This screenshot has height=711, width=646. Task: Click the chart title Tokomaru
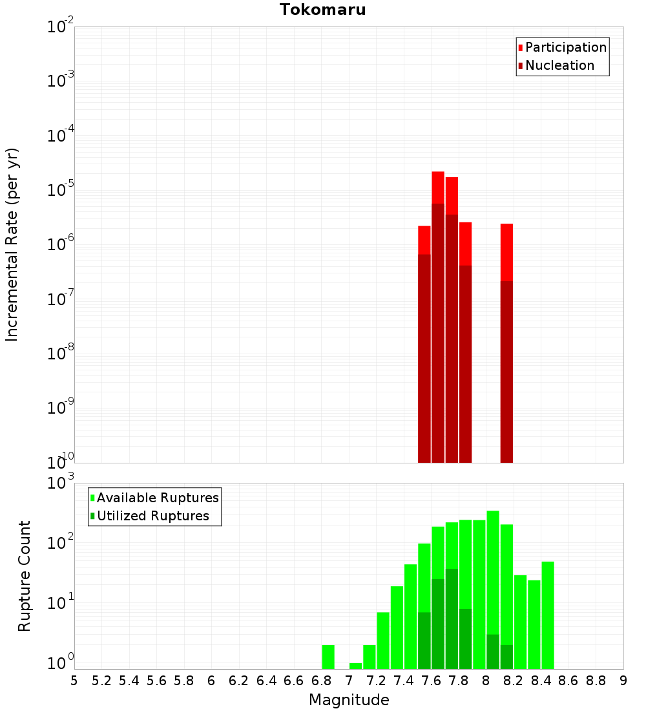[322, 10]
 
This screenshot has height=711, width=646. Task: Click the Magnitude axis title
[349, 700]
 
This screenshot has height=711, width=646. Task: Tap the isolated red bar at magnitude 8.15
[506, 252]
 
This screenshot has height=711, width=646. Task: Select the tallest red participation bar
[438, 187]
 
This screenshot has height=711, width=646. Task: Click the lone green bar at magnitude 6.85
[328, 657]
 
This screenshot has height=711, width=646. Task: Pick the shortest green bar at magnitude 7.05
[355, 666]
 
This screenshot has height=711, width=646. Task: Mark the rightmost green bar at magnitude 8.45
[548, 614]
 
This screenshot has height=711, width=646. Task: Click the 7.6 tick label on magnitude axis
[431, 681]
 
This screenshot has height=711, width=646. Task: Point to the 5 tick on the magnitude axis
[74, 681]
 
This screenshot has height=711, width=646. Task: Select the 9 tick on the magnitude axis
[623, 681]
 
